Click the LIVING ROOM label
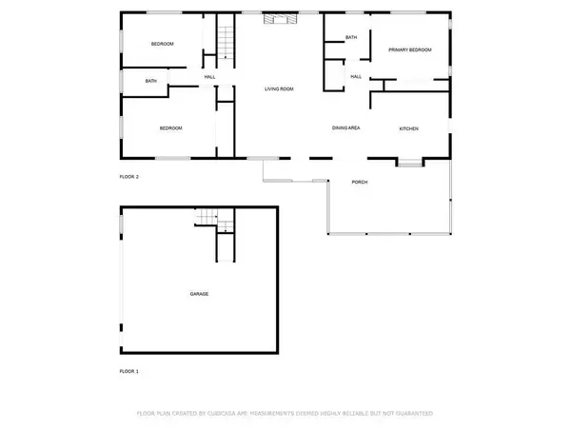(279, 89)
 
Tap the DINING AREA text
(345, 127)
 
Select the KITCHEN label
(408, 128)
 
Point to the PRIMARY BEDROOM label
(409, 49)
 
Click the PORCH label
(359, 182)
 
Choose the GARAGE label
(198, 294)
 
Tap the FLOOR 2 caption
(128, 177)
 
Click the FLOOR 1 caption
(128, 371)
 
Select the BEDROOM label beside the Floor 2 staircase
(163, 45)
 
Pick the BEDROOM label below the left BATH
(170, 128)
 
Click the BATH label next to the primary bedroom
(351, 37)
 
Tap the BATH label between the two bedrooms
(150, 81)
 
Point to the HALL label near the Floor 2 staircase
(209, 77)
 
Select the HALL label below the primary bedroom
(356, 77)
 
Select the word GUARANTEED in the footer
(410, 415)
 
